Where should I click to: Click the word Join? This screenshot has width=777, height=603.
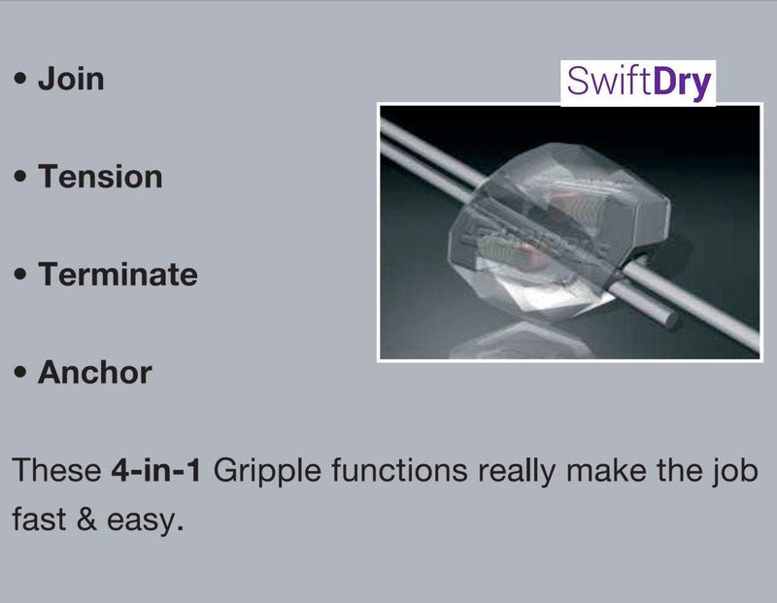[70, 79]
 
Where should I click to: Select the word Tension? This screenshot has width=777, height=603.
[100, 177]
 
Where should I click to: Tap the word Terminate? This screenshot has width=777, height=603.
[118, 275]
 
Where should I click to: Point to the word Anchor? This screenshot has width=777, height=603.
[94, 372]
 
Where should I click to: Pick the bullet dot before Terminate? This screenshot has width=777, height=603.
[20, 276]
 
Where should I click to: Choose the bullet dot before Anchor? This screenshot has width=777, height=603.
[20, 374]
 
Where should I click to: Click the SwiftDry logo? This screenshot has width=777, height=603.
[638, 83]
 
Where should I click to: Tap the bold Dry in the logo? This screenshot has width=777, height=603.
[683, 83]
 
